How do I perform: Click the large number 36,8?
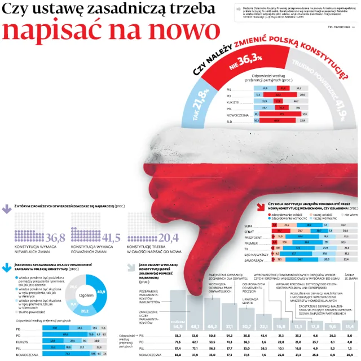[55, 237]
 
